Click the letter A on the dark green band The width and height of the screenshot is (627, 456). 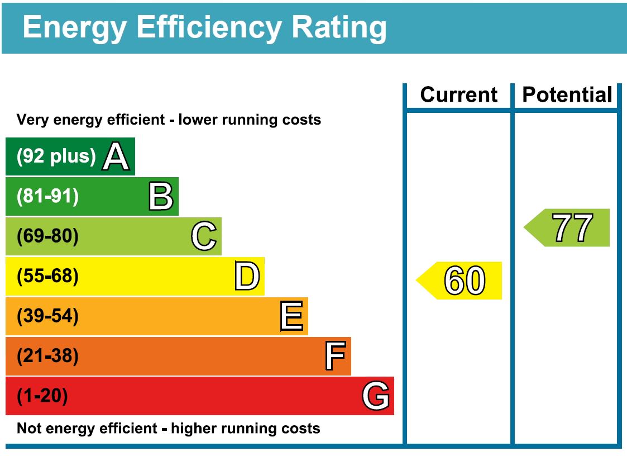point(116,156)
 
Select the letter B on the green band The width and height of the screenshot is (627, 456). point(161,197)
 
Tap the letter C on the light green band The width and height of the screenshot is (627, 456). point(204,236)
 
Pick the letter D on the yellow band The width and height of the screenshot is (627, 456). point(247,277)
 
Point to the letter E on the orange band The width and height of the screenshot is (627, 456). point(291,316)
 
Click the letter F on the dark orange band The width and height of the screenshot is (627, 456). point(335,357)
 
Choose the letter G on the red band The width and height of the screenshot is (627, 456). point(376,396)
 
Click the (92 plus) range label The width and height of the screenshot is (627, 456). point(56,156)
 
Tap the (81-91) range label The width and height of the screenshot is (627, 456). point(48,197)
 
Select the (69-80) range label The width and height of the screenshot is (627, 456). point(48,236)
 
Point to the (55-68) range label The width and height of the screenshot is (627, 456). point(48,277)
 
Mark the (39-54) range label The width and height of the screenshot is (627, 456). point(48,316)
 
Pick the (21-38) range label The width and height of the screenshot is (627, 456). point(48,357)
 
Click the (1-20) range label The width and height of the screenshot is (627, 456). point(42,396)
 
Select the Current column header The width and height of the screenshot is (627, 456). point(458,95)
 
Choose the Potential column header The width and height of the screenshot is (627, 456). point(567,95)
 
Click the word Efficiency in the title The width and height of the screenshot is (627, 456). point(208,27)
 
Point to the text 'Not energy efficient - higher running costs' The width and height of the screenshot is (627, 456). point(169,429)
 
